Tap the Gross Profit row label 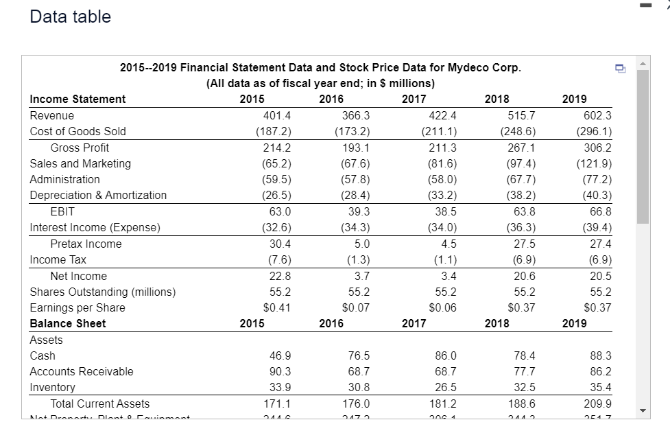pos(80,148)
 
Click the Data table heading pos(71,16)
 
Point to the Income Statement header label pos(77,99)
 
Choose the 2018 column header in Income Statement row pos(496,99)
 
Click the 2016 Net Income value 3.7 pos(361,276)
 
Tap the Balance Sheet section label pos(68,323)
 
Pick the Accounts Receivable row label pos(82,371)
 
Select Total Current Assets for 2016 pos(355,404)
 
